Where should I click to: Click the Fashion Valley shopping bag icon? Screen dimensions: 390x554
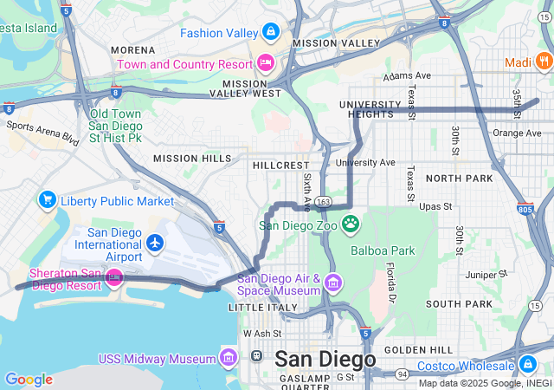click(271, 33)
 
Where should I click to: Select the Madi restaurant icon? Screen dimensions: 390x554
click(543, 62)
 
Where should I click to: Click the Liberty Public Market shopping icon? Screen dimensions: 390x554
click(48, 201)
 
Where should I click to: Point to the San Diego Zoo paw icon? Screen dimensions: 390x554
click(351, 225)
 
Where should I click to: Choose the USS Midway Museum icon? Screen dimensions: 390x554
click(229, 357)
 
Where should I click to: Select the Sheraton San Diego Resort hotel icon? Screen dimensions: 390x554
click(114, 277)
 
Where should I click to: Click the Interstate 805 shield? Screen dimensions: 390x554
click(524, 209)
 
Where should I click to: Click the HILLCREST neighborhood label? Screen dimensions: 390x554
click(280, 164)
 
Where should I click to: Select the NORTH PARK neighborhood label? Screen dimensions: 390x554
click(459, 178)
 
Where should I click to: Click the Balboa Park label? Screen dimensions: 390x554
click(383, 250)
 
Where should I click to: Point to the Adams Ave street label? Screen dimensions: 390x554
click(409, 76)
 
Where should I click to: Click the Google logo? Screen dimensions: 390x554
click(29, 379)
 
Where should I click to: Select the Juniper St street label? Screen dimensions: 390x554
click(486, 275)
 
